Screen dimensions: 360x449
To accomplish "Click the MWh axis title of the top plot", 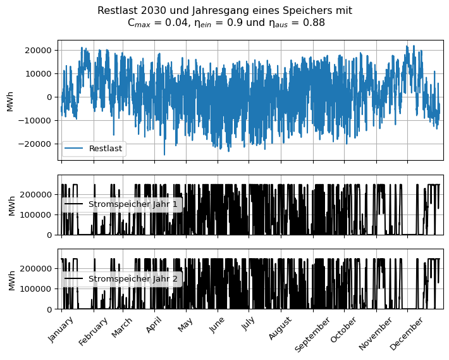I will (x=10, y=100).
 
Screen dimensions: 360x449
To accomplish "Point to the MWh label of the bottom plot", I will (x=10, y=279).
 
